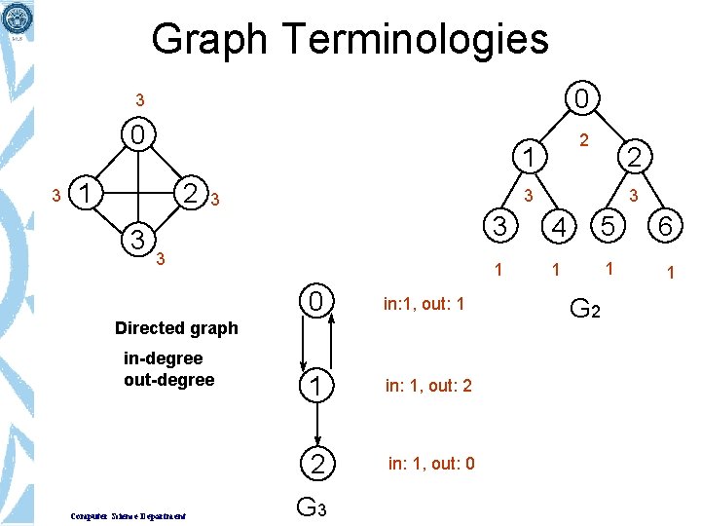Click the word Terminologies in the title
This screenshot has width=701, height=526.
(x=416, y=40)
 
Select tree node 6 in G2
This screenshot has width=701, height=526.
(x=667, y=228)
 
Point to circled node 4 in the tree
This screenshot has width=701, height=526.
(x=557, y=228)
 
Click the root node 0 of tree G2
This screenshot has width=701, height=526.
(x=580, y=99)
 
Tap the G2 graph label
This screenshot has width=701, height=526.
(x=584, y=311)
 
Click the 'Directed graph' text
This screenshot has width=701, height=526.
(x=176, y=327)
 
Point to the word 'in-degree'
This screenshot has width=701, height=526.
(x=163, y=358)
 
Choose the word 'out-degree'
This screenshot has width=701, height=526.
(x=168, y=379)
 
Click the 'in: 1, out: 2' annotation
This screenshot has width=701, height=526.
(x=428, y=386)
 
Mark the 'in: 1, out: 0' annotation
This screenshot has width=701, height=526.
(x=431, y=463)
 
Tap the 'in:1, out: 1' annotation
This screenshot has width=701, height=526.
(x=424, y=305)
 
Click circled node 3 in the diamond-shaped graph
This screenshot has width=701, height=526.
(x=139, y=239)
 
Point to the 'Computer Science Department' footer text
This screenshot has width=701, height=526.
(x=129, y=514)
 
